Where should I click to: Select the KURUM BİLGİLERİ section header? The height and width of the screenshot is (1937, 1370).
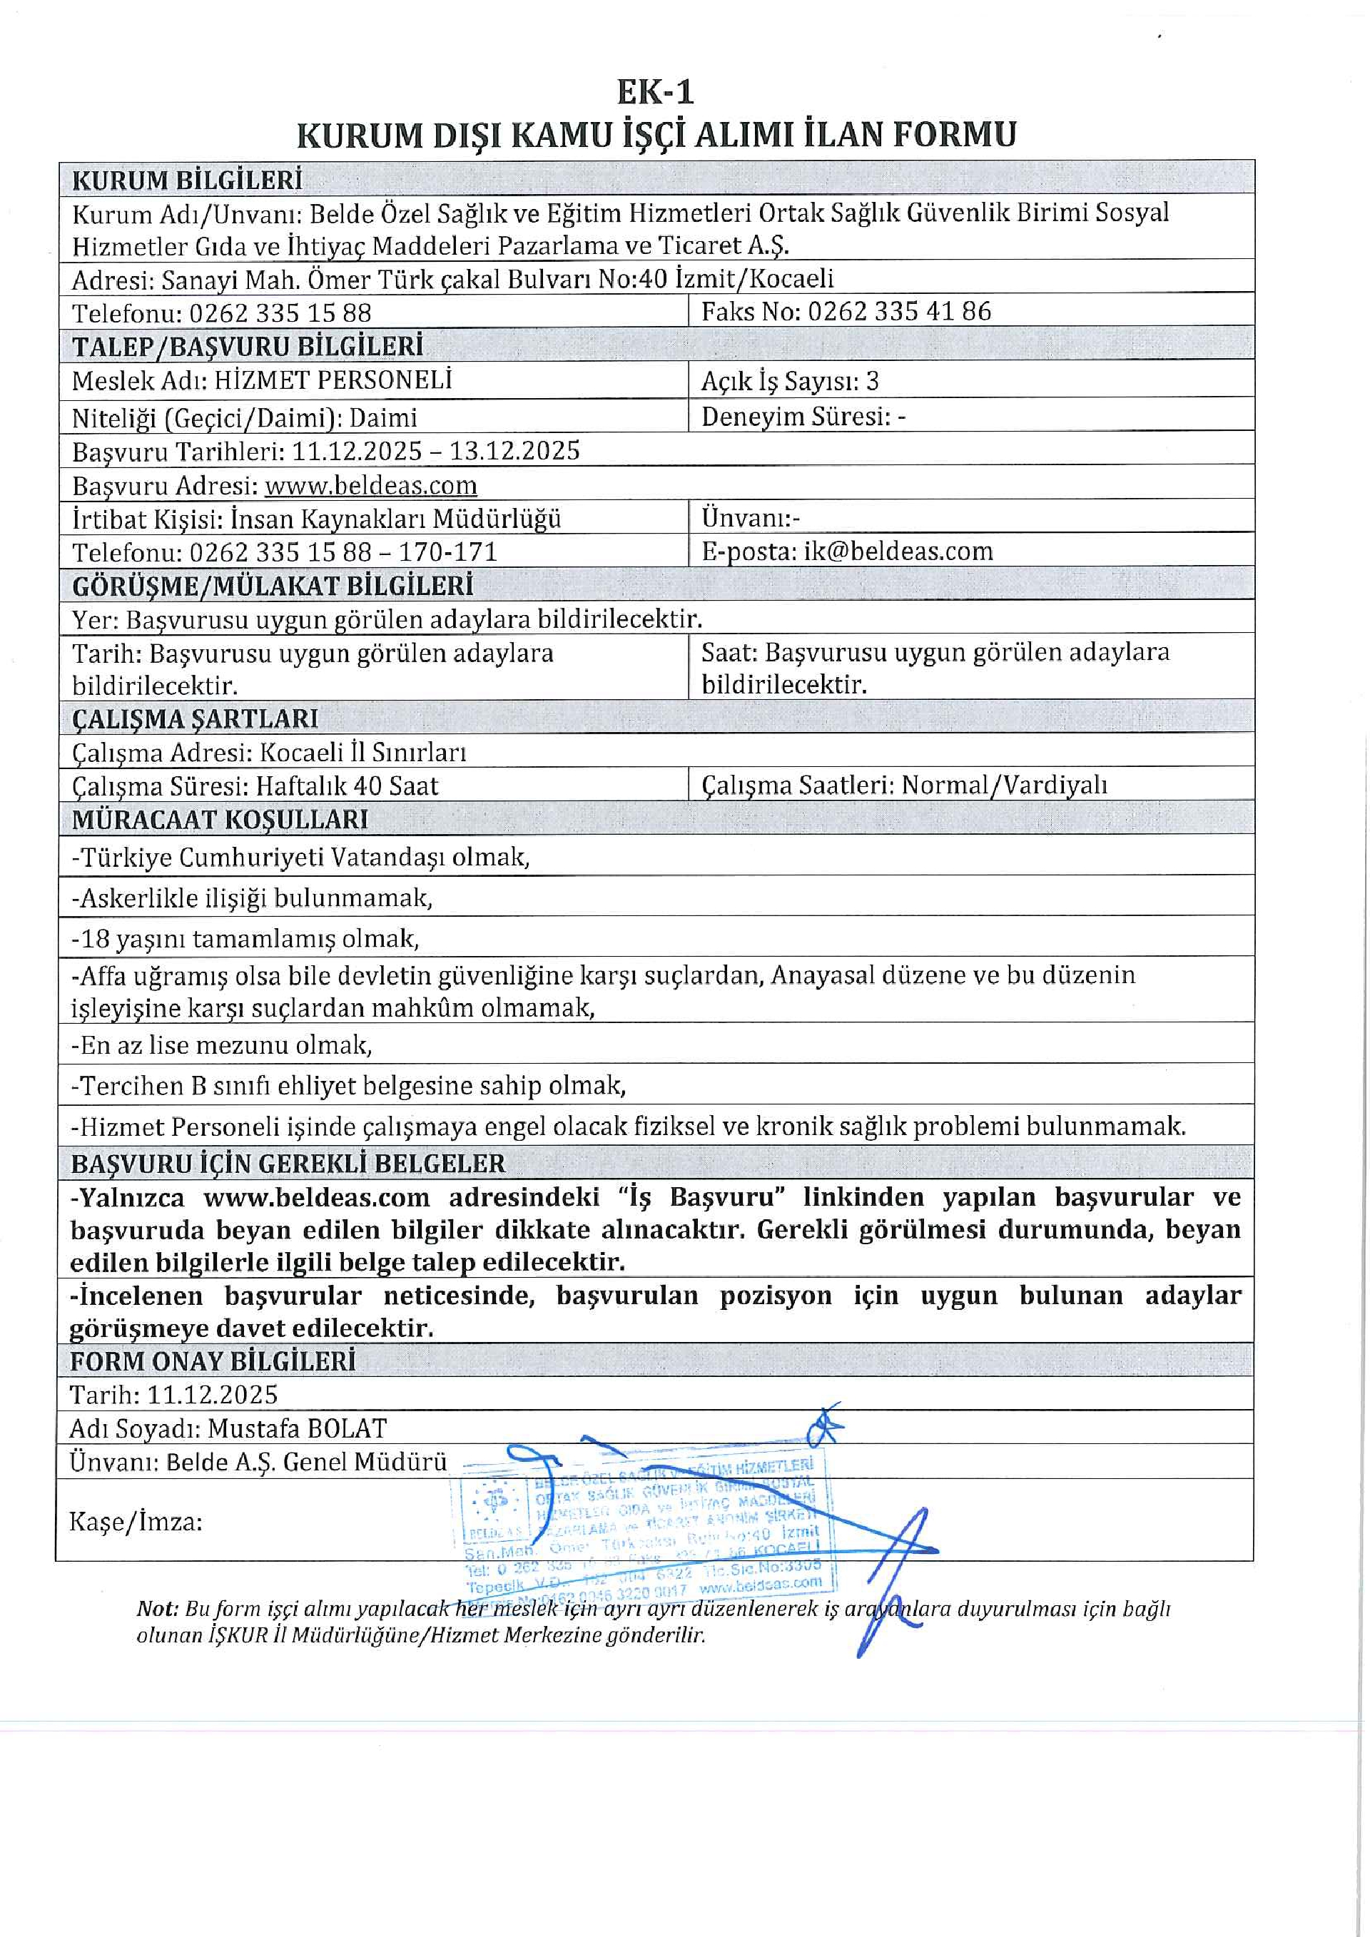[x=186, y=180]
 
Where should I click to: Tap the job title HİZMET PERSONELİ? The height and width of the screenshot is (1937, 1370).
[x=333, y=380]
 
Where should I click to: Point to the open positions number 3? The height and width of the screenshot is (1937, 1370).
[x=872, y=381]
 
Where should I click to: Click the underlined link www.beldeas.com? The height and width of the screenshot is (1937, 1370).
[x=370, y=486]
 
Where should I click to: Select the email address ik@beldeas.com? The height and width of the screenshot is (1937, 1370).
[x=898, y=551]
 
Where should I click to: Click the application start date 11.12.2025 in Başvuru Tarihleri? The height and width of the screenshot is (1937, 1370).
[x=356, y=452]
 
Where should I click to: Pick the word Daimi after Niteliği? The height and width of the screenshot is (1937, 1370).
[x=383, y=417]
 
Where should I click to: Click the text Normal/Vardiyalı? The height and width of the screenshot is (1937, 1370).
[x=1004, y=786]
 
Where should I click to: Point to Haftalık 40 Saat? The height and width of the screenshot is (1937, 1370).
[x=347, y=786]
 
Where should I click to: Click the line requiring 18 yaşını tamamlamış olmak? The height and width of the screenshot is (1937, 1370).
[x=245, y=939]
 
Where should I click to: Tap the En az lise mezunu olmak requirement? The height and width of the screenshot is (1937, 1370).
[x=221, y=1046]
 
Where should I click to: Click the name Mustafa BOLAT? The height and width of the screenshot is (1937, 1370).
[x=297, y=1428]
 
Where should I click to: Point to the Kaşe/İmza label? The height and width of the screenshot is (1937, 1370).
[x=135, y=1522]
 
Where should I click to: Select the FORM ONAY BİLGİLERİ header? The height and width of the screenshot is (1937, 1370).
[x=213, y=1361]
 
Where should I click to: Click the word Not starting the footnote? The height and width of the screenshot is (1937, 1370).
[x=157, y=1609]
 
